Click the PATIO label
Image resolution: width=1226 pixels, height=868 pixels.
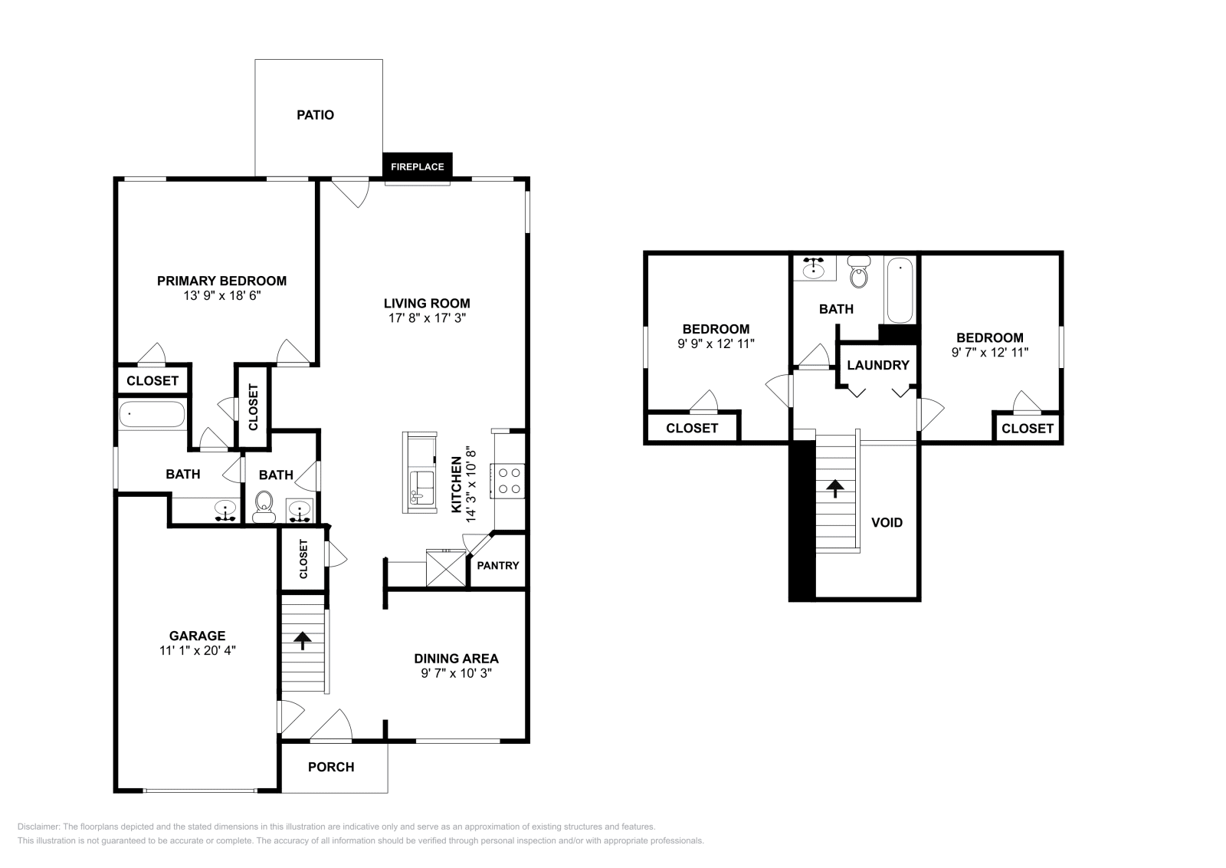[x=315, y=115]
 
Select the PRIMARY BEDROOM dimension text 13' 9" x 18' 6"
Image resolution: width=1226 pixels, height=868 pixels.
[x=221, y=296]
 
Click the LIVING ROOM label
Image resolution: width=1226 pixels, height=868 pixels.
[x=427, y=304]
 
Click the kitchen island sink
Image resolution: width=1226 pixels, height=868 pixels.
[x=421, y=488]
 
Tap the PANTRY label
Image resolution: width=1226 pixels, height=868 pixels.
[x=498, y=566]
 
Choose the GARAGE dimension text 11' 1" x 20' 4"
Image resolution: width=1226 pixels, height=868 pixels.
[x=198, y=650]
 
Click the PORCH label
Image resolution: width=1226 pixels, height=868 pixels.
[x=331, y=768]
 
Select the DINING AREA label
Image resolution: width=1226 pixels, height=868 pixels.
[x=457, y=659]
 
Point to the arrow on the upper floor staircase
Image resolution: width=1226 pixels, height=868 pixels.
[x=835, y=488]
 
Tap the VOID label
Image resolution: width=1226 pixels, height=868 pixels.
[x=887, y=522]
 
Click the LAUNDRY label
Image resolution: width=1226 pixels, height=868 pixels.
[x=878, y=365]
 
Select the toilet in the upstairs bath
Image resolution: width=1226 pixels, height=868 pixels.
[x=859, y=271]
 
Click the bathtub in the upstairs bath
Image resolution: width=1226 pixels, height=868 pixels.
[x=900, y=291]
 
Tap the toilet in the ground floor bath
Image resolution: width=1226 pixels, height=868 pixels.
[x=264, y=507]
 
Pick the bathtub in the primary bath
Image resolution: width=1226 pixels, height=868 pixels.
[x=152, y=415]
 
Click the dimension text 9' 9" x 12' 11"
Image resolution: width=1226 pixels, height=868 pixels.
[x=716, y=344]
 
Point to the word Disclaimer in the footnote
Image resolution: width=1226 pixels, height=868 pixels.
[x=38, y=827]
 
